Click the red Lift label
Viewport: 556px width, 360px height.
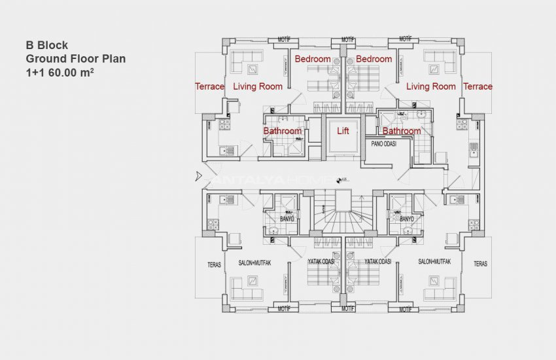point(343,131)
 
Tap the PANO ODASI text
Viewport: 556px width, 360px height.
point(385,143)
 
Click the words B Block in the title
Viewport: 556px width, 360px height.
point(47,46)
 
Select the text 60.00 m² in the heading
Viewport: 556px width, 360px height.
point(71,73)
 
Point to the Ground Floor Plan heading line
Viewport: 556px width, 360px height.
point(75,59)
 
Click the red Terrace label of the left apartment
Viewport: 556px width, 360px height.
point(209,86)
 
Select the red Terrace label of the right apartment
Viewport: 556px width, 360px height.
point(478,86)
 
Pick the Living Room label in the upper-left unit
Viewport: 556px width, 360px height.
point(258,86)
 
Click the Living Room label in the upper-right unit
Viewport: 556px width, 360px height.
point(430,86)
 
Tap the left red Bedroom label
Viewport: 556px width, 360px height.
point(312,59)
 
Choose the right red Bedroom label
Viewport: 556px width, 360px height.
point(374,59)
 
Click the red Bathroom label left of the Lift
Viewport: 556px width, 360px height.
point(283,131)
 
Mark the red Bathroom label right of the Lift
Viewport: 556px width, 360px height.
point(402,131)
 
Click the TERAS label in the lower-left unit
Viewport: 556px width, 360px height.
point(214,265)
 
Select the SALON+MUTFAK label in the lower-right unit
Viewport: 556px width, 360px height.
point(435,261)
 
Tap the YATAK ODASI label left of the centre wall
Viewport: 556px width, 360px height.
point(321,261)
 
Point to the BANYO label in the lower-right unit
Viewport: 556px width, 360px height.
point(406,219)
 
